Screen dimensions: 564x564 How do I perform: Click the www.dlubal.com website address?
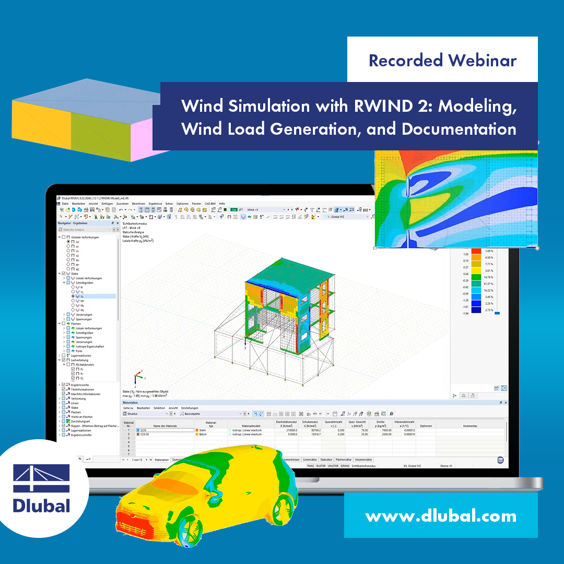coord(440,516)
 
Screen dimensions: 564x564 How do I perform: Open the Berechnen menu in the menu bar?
coord(138,203)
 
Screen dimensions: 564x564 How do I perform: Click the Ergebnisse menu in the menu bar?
coord(155,203)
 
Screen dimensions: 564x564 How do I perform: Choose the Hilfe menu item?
coord(222,203)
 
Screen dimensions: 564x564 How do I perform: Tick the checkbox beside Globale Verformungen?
coord(63,237)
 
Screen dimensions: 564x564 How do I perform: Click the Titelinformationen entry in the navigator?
coord(82,389)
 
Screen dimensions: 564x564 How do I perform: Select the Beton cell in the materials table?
coord(203,434)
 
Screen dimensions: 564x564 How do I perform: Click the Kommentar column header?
coord(469,426)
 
